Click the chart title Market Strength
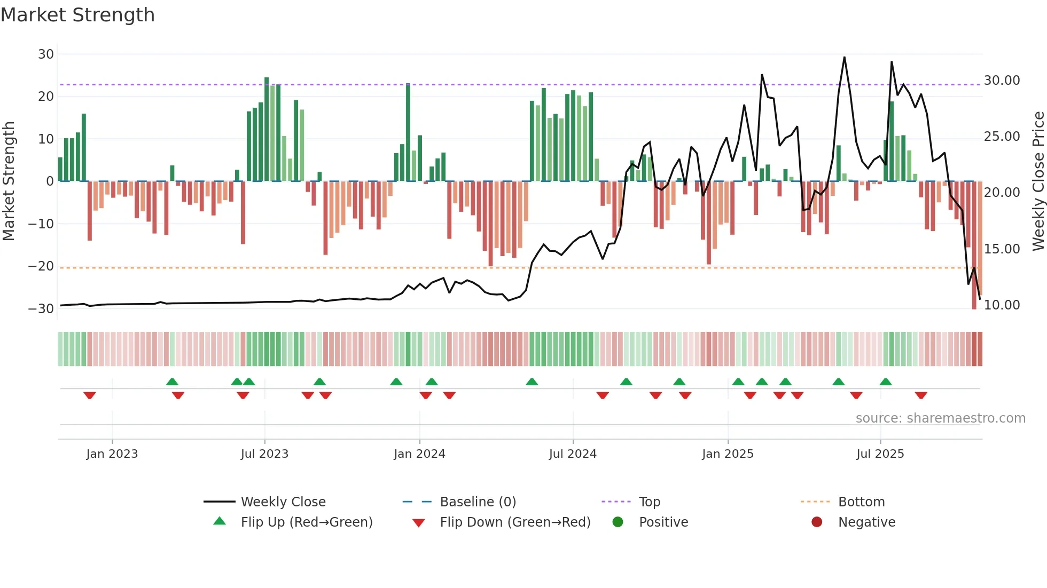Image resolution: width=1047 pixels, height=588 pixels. [x=77, y=15]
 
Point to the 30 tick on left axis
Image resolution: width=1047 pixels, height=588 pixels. [x=46, y=54]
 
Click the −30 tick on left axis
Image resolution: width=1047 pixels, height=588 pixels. [x=42, y=308]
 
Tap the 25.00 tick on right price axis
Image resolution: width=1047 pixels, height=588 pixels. [x=1002, y=137]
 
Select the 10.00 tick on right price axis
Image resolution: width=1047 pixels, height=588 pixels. [x=1002, y=305]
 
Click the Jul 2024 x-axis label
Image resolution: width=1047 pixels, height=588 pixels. [x=573, y=454]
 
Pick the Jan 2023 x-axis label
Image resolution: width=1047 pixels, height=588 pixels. [x=112, y=454]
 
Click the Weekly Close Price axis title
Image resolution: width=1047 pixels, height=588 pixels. [x=1038, y=181]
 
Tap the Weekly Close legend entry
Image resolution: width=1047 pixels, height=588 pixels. [x=283, y=502]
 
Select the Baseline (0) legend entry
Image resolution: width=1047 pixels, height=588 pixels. [x=478, y=502]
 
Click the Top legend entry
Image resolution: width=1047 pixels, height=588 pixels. [x=650, y=502]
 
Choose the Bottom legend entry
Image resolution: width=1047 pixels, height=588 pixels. [x=861, y=502]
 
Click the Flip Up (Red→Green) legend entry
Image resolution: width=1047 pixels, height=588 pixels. [x=306, y=522]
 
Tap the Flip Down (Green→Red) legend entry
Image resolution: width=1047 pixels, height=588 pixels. [x=515, y=522]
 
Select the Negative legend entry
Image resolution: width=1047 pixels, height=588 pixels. [x=866, y=522]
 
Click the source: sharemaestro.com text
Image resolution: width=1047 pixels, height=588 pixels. [x=940, y=418]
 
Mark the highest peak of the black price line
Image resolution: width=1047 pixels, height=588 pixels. [x=845, y=57]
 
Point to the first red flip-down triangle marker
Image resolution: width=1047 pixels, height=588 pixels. [x=90, y=395]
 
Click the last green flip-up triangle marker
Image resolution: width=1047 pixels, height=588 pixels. [x=886, y=382]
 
